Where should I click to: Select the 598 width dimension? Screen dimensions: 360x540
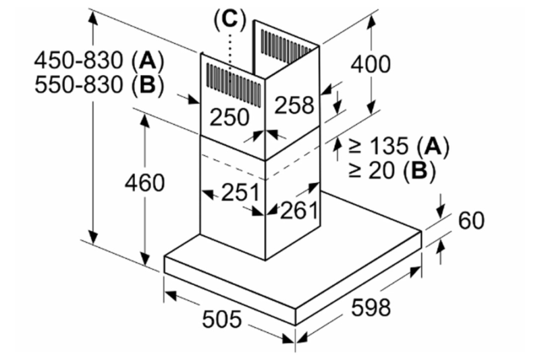[371, 307]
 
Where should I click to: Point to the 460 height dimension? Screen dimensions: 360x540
[144, 182]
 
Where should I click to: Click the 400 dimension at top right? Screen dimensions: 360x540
[371, 65]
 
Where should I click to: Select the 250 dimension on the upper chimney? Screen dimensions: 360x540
[229, 116]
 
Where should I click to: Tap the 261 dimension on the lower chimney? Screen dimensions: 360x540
[298, 211]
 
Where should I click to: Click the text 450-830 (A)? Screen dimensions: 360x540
[98, 61]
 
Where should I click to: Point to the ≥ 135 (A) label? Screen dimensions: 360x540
[399, 145]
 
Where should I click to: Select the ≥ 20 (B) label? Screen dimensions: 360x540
[391, 170]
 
